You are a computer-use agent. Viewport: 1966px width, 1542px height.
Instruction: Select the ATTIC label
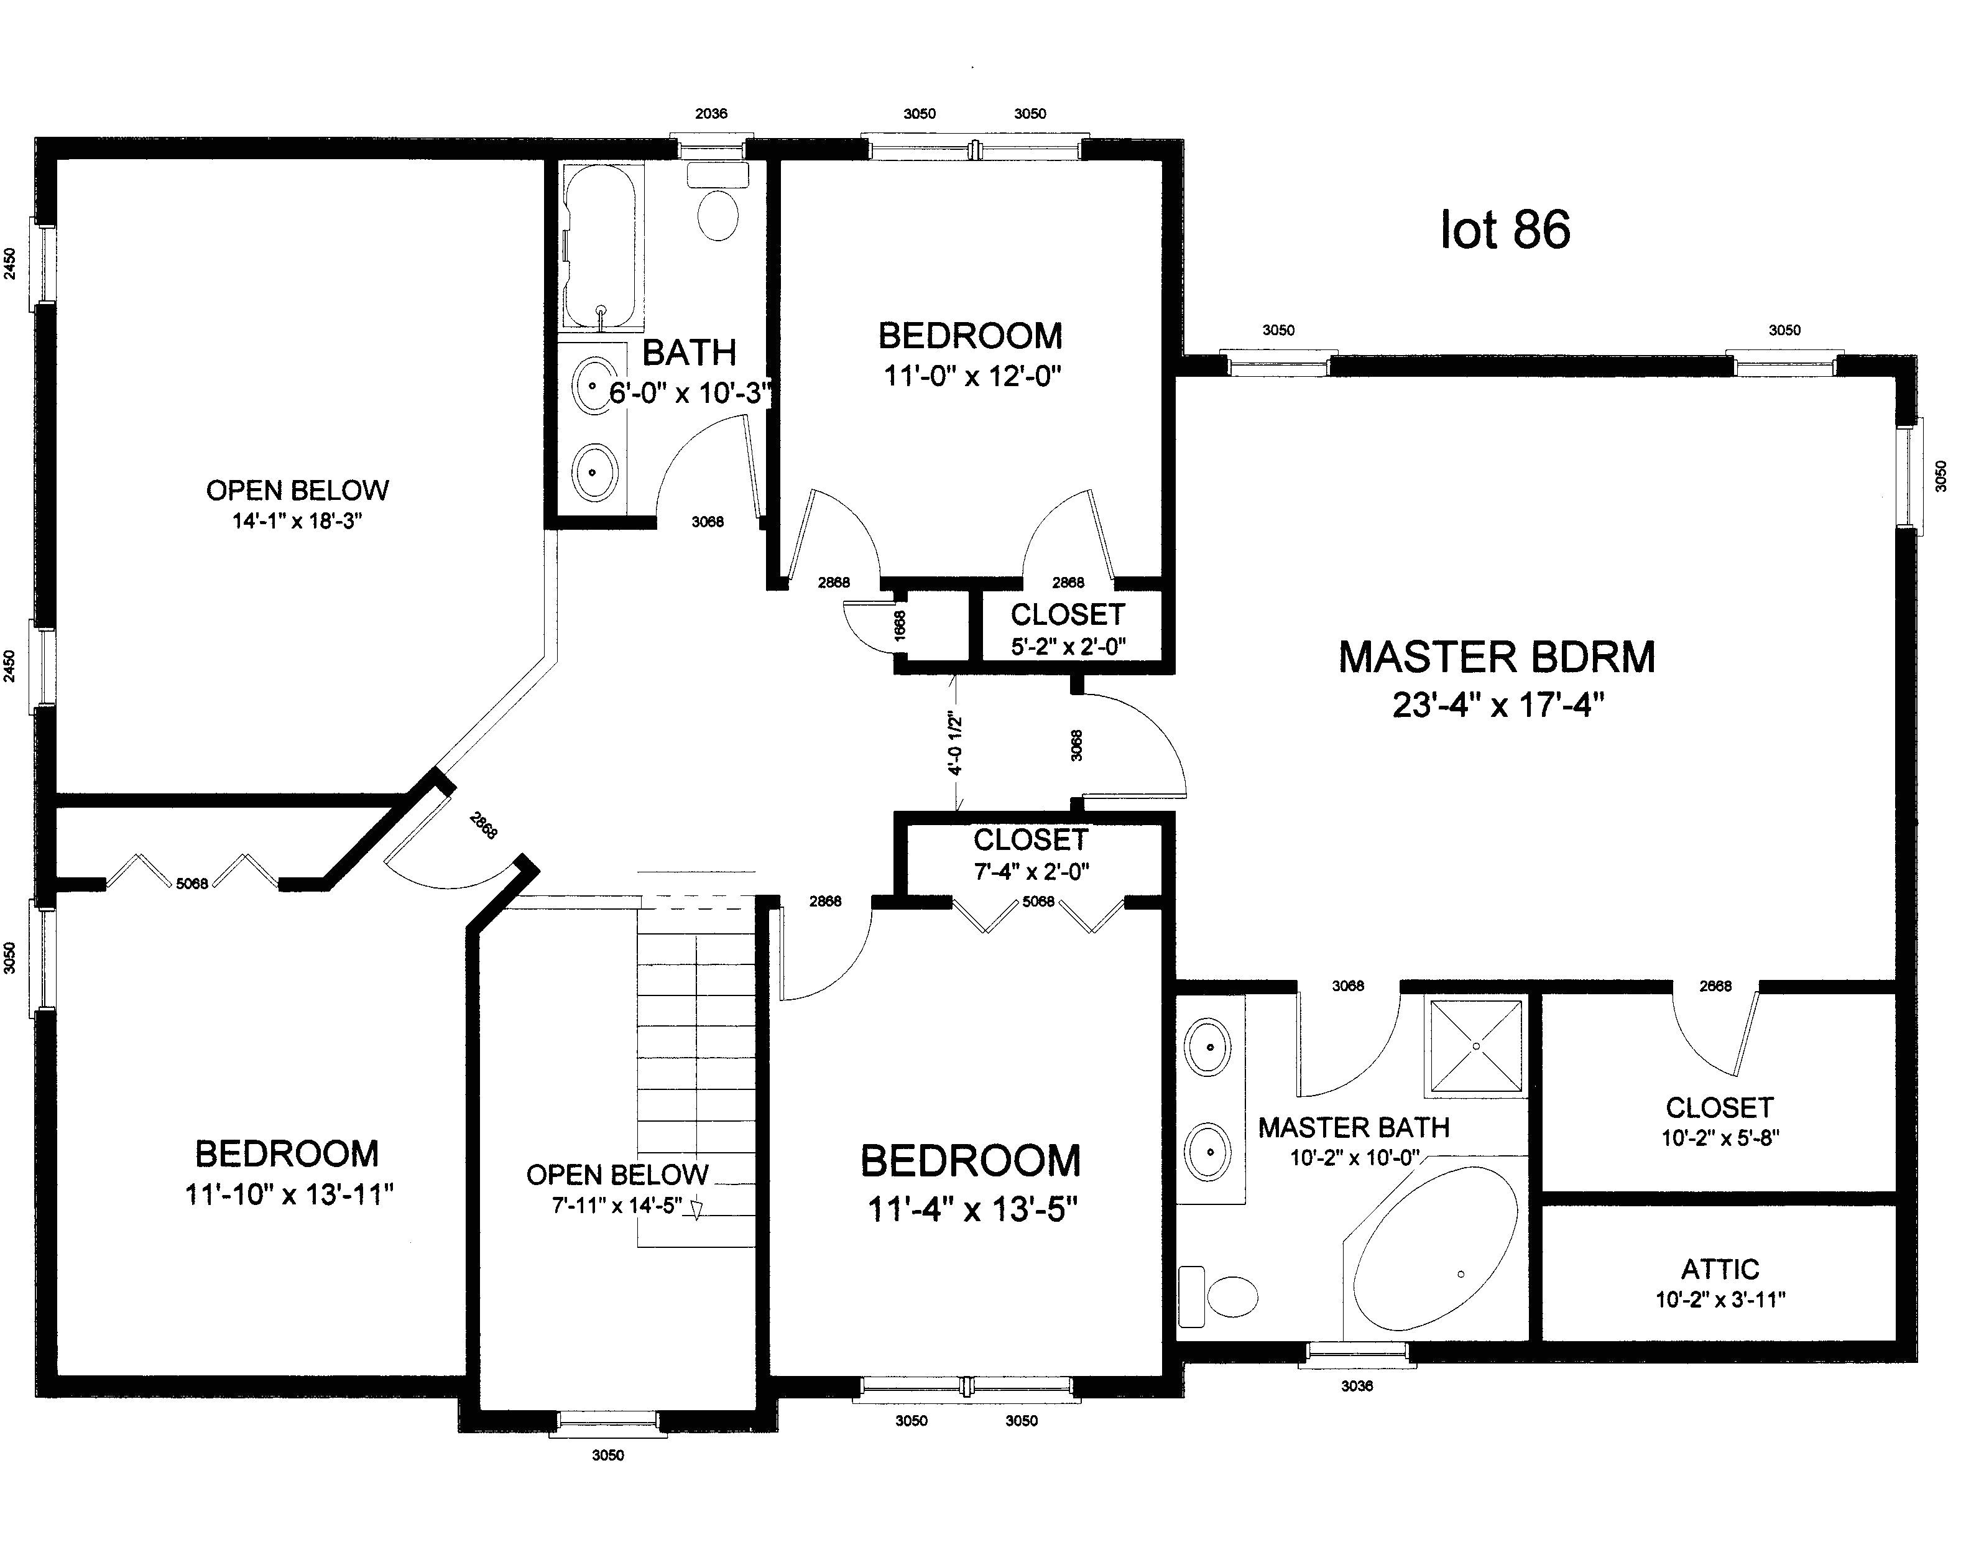[x=1720, y=1269]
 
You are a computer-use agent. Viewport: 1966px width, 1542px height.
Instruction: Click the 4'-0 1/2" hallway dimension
[x=956, y=745]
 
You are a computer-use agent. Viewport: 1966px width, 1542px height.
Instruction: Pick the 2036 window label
[x=711, y=114]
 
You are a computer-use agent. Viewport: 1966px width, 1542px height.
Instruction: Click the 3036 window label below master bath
[x=1356, y=1386]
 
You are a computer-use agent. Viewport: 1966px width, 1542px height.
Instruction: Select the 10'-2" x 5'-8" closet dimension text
[x=1720, y=1138]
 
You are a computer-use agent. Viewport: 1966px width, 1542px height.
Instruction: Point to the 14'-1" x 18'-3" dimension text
[x=297, y=521]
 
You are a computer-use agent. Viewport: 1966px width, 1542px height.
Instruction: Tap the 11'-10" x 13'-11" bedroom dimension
[x=289, y=1194]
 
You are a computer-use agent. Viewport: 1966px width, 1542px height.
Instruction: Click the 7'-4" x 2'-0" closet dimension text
[x=1031, y=871]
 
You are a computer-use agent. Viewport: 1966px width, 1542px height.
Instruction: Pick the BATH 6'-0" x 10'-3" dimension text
[x=691, y=393]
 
